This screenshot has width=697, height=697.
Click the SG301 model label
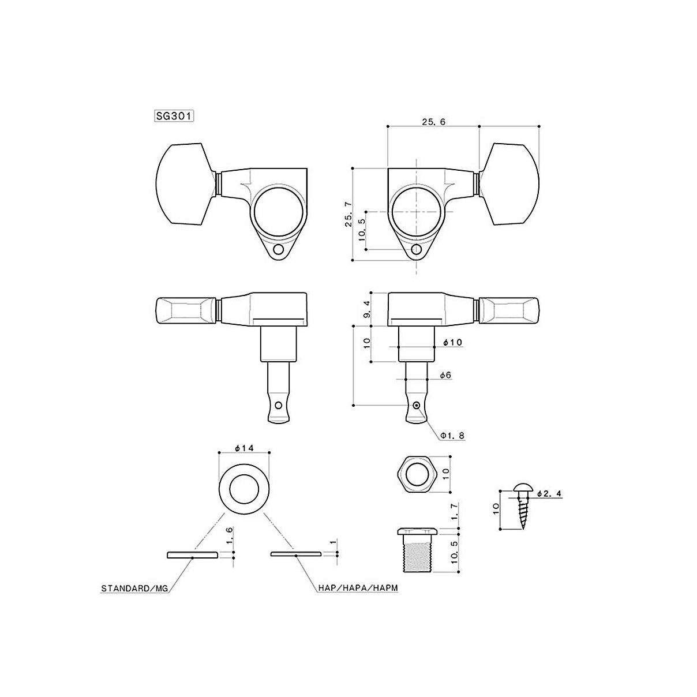click(174, 116)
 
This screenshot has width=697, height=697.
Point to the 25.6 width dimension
click(433, 122)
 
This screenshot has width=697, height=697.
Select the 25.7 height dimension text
click(348, 215)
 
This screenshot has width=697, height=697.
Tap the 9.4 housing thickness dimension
click(367, 309)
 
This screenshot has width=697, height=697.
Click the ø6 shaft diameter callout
click(445, 375)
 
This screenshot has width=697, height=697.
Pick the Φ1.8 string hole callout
click(452, 436)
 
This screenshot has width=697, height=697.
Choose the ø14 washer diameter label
click(244, 448)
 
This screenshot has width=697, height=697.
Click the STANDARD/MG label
click(134, 598)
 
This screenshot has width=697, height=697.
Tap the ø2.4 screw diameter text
click(549, 494)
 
